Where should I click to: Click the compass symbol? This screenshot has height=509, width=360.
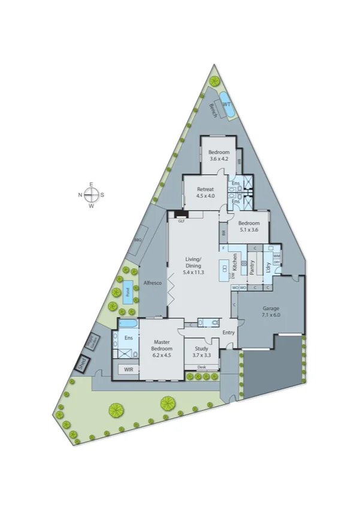coord(91,194)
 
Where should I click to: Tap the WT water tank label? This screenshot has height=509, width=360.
coord(226,104)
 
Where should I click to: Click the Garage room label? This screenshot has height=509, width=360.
coord(271,311)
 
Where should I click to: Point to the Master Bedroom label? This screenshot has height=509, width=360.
coord(162,345)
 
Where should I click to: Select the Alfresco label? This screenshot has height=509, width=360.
coord(152,283)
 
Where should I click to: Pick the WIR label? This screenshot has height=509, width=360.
coord(128,370)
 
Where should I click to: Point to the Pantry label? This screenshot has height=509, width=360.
coord(252,266)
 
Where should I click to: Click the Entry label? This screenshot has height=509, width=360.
coord(229,332)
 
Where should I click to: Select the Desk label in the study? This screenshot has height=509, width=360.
coord(201,367)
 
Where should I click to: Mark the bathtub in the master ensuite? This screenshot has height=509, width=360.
coord(128,324)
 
